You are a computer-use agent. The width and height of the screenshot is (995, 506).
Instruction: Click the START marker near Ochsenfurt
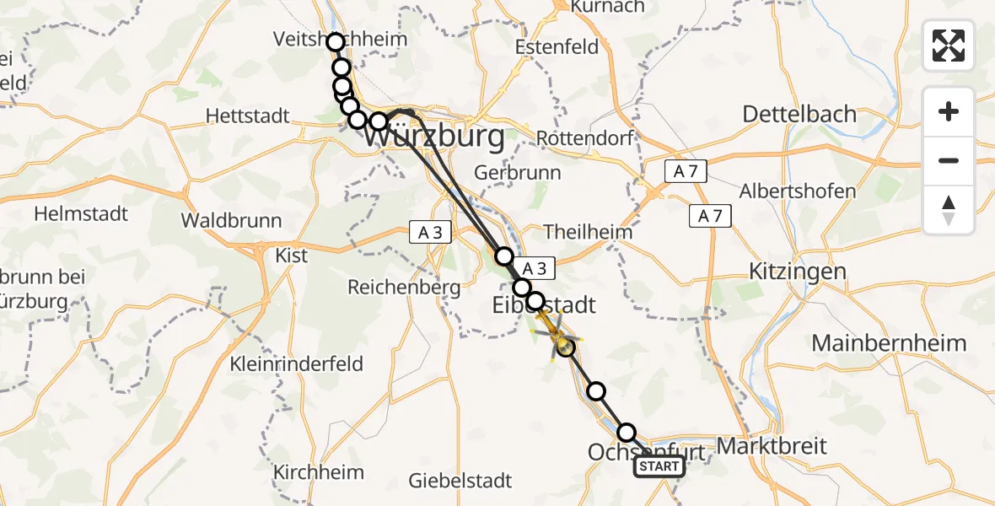659,466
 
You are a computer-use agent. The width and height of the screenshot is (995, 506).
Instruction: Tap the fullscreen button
949,46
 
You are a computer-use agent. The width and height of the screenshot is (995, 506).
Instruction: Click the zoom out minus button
949,160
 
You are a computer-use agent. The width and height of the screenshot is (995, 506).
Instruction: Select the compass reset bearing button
949,210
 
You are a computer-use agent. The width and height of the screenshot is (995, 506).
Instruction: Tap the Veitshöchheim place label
340,39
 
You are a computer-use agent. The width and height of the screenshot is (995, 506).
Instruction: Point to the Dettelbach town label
800,114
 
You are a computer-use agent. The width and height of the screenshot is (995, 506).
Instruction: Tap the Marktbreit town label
772,446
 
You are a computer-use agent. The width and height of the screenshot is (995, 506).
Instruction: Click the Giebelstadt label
460,481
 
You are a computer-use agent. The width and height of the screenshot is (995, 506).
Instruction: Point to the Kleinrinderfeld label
297,364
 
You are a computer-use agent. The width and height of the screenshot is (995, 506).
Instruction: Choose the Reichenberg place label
404,288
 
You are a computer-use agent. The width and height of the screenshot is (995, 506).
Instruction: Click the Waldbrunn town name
231,221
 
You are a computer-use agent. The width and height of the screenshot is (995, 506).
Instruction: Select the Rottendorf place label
585,137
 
